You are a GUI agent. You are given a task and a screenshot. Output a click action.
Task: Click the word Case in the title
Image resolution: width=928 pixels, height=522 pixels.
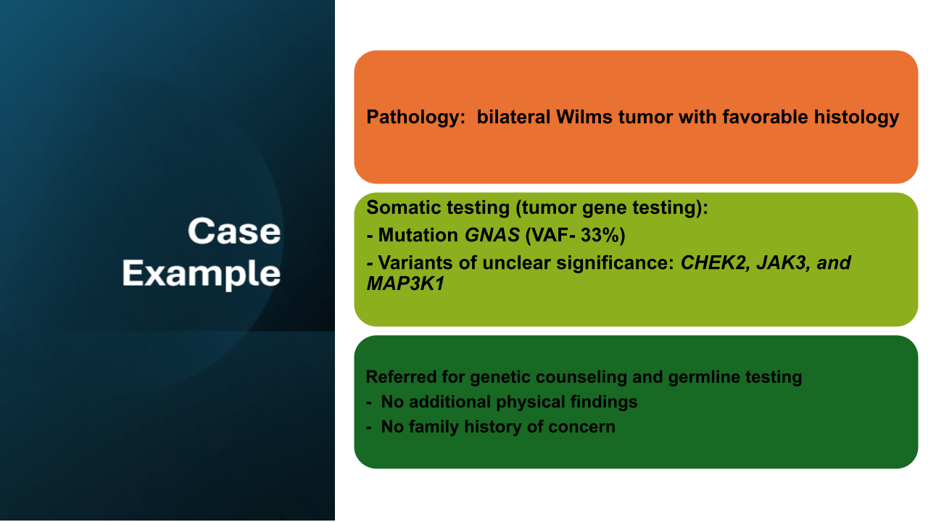click(234, 231)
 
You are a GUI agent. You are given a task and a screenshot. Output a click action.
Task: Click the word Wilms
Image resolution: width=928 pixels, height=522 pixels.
click(584, 117)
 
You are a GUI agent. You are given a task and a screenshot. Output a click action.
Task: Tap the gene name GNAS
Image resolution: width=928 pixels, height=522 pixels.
click(492, 236)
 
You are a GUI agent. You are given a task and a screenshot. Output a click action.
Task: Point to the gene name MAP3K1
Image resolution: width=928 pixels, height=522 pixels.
click(405, 283)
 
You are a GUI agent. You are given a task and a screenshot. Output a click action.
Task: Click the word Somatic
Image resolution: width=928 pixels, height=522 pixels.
click(397, 207)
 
